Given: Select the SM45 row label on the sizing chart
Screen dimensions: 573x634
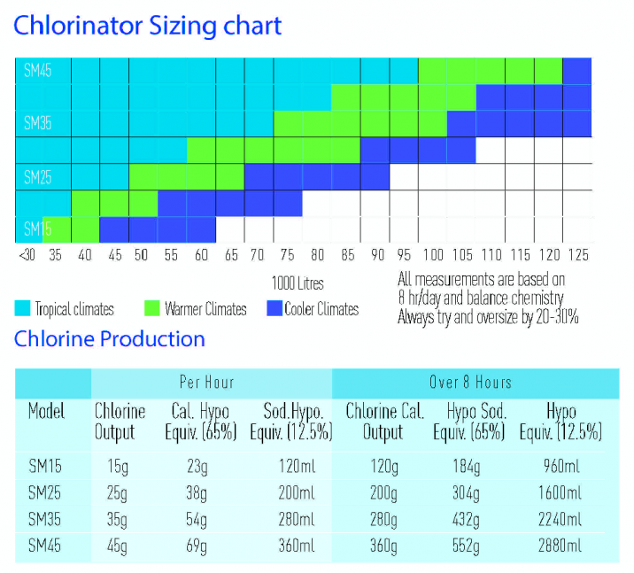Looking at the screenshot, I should pos(37,71).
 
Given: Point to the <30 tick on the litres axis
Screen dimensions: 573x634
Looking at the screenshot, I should pos(26,255).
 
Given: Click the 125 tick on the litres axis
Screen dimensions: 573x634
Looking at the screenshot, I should pos(577,255).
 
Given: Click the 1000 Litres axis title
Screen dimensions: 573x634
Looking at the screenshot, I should pos(298,283).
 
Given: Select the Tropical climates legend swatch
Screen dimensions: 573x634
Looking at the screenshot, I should pos(23,309).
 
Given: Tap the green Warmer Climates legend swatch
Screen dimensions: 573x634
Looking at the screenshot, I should pos(151,309).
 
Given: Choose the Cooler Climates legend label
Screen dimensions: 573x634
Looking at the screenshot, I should pos(321,309).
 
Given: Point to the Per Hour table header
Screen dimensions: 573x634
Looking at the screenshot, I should pos(206,383).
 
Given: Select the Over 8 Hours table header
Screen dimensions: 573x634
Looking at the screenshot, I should pos(470,383).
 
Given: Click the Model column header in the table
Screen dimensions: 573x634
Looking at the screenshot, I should pos(47,413).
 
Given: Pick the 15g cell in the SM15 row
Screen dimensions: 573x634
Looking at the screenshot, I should pos(108,465).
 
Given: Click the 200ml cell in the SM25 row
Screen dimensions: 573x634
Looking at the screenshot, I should pos(295,492).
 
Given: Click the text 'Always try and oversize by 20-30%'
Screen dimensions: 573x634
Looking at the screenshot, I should pos(488,317).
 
